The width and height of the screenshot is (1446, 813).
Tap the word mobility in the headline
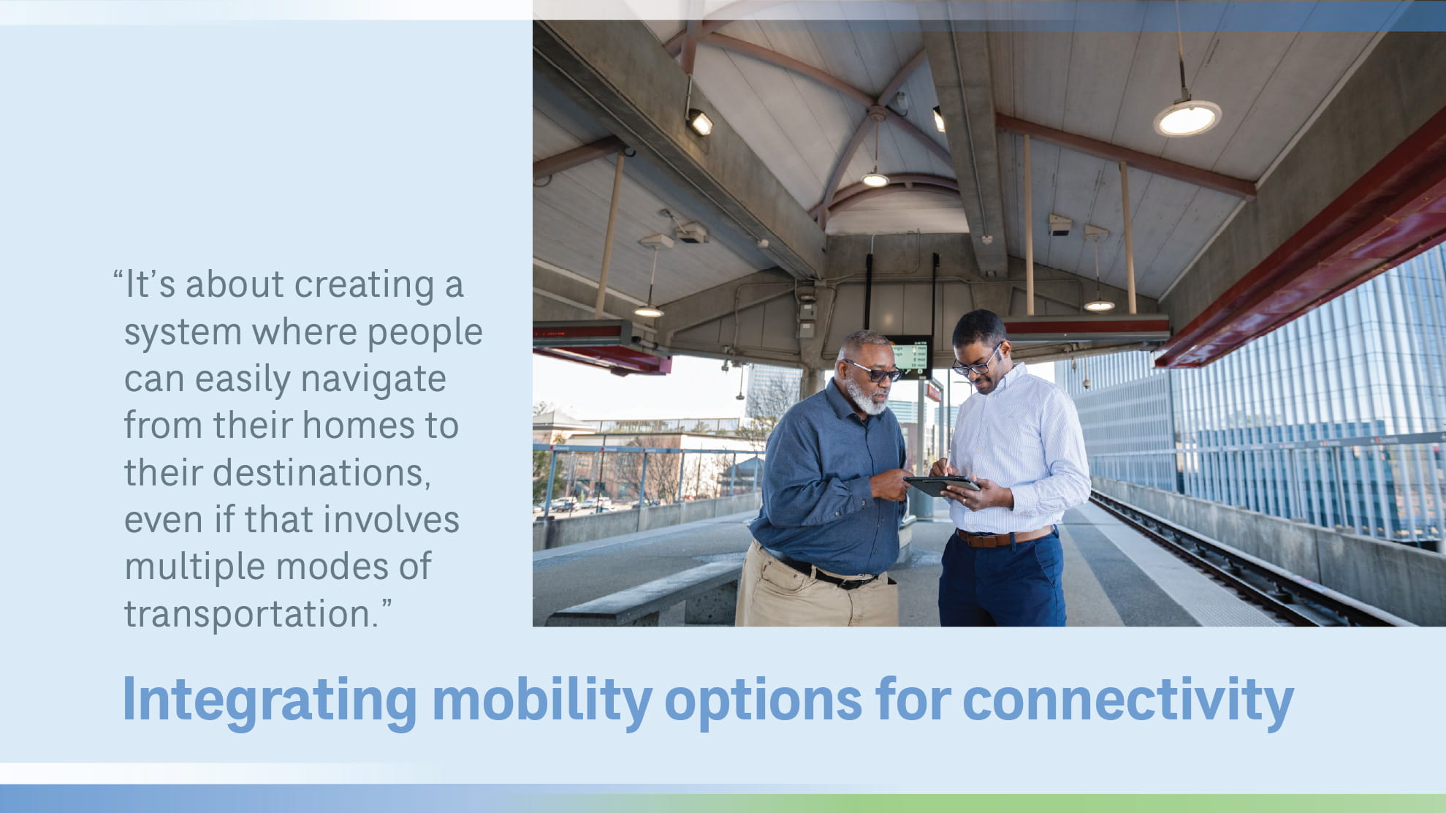(x=541, y=700)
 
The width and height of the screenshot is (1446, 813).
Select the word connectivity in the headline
(x=1127, y=700)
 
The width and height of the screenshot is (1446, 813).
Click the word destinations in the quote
(x=321, y=473)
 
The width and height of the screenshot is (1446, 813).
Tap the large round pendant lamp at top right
(x=1187, y=118)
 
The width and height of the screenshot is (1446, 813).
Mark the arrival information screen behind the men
(x=908, y=357)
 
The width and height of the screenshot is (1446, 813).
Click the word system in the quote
(x=183, y=333)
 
